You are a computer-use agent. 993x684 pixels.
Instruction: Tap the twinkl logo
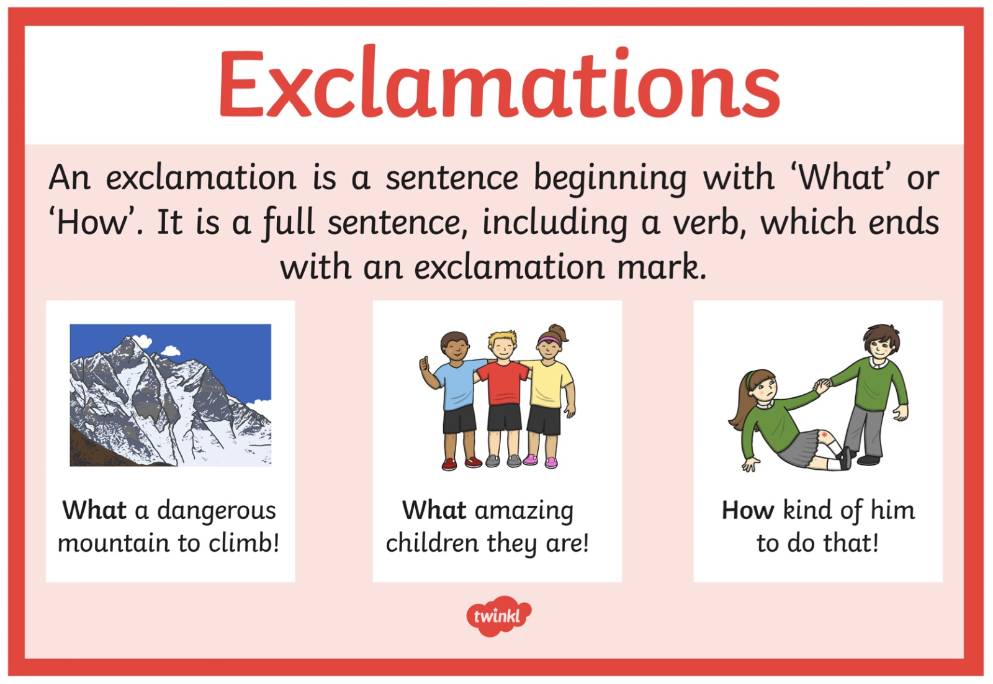pos(499,616)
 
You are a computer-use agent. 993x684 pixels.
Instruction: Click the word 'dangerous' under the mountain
pos(217,511)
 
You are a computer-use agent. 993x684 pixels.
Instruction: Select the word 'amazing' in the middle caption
pos(524,511)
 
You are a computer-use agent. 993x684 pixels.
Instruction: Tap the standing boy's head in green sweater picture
pos(881,342)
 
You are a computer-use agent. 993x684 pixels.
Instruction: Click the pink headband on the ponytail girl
pos(549,340)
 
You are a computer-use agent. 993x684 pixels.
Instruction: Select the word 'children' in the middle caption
pos(433,542)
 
